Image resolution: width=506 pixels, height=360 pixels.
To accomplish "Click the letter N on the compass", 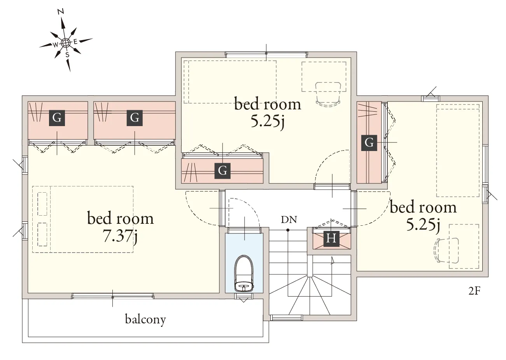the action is coord(61,12).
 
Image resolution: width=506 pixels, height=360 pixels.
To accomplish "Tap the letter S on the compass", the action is coord(67,55).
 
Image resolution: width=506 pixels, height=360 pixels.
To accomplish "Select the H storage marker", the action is coord(331,239).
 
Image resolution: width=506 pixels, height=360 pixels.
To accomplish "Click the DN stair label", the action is coord(289,220).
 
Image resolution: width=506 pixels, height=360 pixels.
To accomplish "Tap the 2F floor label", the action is coord(474,291).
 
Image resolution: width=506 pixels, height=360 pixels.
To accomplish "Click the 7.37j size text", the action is coord(120,236).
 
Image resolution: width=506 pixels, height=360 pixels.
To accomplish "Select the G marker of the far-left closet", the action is coord(57,118).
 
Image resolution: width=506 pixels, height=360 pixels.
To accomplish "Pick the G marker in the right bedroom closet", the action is coord(369,143).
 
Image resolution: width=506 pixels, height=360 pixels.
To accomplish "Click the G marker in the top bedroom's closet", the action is coord(222,171).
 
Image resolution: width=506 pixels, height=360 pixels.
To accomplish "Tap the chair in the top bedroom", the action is coord(328,94).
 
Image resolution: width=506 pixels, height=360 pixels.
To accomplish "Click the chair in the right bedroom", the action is coord(446,250).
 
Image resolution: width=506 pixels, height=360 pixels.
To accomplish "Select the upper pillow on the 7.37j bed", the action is coord(42,204).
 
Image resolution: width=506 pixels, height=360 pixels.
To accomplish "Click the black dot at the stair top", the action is coord(288,230).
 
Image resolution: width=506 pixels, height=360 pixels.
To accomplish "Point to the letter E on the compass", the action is coord(75,42).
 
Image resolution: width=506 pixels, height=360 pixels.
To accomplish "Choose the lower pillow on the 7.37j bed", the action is coord(42,234).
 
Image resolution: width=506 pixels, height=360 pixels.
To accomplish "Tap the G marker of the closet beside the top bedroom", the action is coord(135,118).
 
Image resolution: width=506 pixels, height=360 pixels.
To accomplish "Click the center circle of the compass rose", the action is coord(65,42).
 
